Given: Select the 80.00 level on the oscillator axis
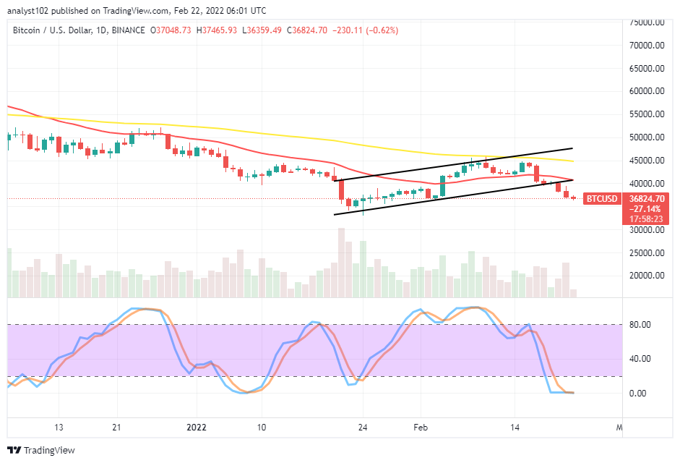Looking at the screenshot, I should click(x=639, y=324).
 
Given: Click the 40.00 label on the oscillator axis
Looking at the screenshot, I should click(x=639, y=359).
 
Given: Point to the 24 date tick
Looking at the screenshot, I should click(x=363, y=426).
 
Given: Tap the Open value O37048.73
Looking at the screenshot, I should click(x=171, y=30).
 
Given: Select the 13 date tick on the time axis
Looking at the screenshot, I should click(x=59, y=426).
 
